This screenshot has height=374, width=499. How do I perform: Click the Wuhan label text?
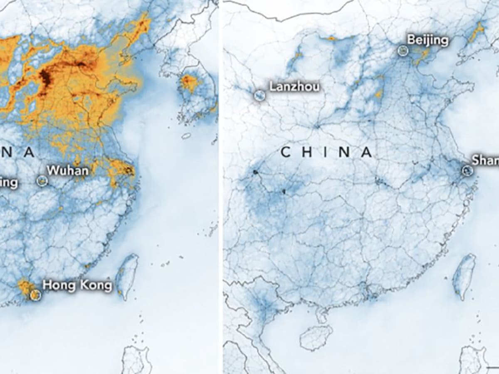(x=67, y=171)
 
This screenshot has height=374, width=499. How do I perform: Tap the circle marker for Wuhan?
(x=42, y=181)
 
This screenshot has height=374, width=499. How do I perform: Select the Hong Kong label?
(x=77, y=285)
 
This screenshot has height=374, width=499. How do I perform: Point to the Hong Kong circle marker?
(x=36, y=295)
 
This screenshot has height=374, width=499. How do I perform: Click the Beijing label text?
(x=427, y=40)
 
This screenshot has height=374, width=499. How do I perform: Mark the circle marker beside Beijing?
(x=402, y=51)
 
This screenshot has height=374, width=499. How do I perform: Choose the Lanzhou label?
(x=294, y=86)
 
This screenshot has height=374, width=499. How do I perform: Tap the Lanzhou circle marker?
(x=260, y=96)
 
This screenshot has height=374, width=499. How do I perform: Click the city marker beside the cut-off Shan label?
(x=467, y=170)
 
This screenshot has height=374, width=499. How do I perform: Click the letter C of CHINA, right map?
(x=286, y=153)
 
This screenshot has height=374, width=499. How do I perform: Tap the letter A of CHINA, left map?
(x=29, y=153)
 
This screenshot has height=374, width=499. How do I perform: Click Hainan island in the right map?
(x=316, y=337)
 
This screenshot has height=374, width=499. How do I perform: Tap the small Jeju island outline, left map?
(x=186, y=136)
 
